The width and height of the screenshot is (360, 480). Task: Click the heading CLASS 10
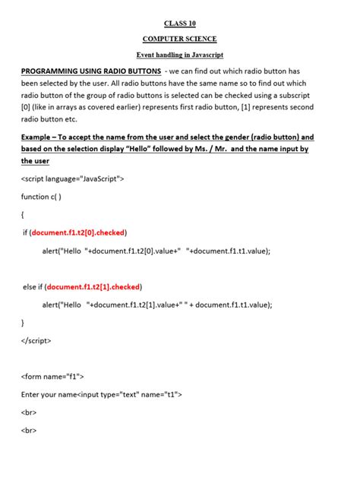(x=179, y=24)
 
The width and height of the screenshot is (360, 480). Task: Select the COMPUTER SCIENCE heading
(x=179, y=39)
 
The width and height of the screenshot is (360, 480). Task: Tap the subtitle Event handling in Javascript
(x=179, y=55)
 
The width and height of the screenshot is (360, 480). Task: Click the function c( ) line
(x=41, y=196)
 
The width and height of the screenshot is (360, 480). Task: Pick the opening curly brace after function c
(x=23, y=215)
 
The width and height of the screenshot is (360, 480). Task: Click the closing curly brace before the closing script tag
(x=23, y=323)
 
